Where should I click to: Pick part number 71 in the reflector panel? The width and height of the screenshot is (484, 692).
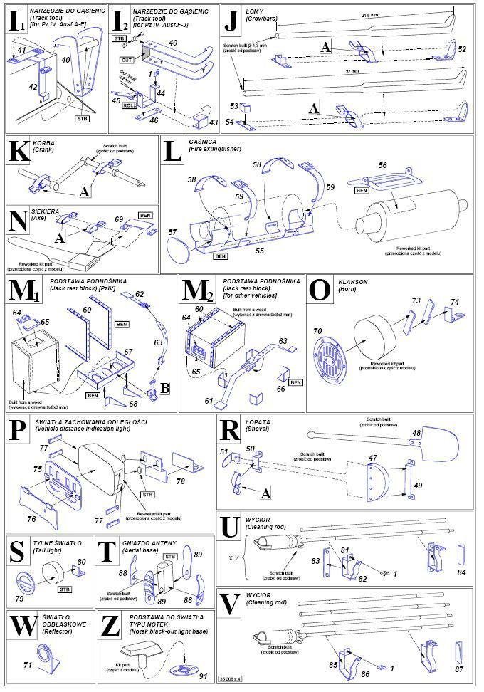pos(28,664)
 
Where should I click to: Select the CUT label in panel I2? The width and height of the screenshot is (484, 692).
pos(128,62)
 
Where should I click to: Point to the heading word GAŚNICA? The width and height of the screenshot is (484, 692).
pos(199,142)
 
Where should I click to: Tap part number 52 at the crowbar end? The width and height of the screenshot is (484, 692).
pos(462,49)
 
